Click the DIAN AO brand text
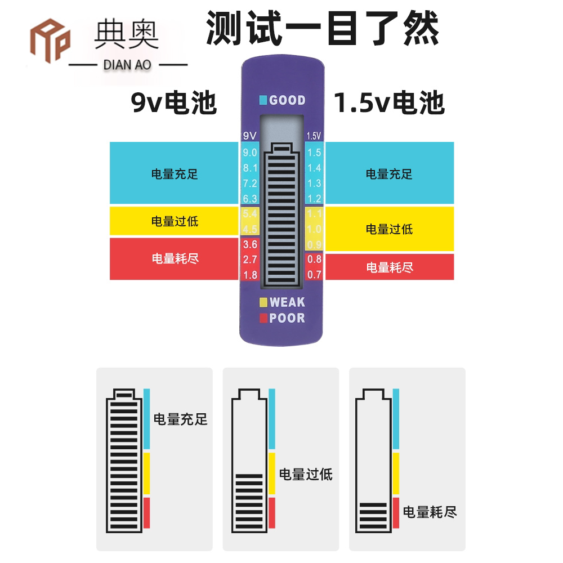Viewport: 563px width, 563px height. pyautogui.click(x=127, y=65)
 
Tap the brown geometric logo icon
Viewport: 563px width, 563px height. pyautogui.click(x=50, y=41)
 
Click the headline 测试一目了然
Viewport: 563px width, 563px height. pyautogui.click(x=322, y=28)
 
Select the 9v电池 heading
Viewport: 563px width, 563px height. pyautogui.click(x=174, y=103)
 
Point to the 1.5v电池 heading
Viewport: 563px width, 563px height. pyautogui.click(x=389, y=103)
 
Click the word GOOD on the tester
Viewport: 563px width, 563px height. pyautogui.click(x=287, y=101)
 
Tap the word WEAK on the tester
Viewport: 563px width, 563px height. pyautogui.click(x=287, y=302)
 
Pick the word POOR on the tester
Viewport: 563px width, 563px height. pyautogui.click(x=287, y=318)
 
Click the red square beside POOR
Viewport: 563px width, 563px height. pyautogui.click(x=263, y=318)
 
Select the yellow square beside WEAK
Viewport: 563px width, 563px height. pyautogui.click(x=263, y=302)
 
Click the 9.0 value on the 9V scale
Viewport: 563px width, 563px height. pyautogui.click(x=249, y=153)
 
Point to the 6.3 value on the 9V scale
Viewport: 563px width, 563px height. pyautogui.click(x=249, y=198)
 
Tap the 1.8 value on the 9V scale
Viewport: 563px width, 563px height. pyautogui.click(x=249, y=275)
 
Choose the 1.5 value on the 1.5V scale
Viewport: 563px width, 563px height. pyautogui.click(x=314, y=153)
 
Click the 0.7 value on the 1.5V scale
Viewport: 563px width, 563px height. pyautogui.click(x=314, y=275)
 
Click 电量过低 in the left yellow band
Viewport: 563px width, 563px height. pyautogui.click(x=175, y=221)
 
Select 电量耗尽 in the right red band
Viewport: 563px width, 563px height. pyautogui.click(x=390, y=267)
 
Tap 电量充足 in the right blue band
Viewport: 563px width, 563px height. pyautogui.click(x=390, y=174)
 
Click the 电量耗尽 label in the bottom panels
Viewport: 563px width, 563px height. pyautogui.click(x=430, y=512)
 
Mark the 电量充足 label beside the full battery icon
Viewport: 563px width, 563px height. pyautogui.click(x=181, y=419)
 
